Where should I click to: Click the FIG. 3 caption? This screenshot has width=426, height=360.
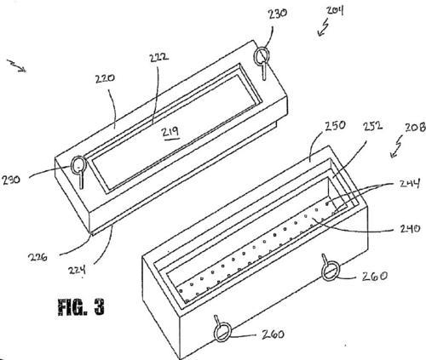click(x=81, y=307)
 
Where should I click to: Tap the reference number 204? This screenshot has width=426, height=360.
click(x=335, y=10)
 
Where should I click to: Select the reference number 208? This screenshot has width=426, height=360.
click(x=415, y=128)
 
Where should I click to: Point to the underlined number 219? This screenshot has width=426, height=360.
click(x=170, y=132)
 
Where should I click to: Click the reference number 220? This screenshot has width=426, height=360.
click(x=105, y=78)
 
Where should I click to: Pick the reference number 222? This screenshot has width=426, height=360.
click(x=159, y=57)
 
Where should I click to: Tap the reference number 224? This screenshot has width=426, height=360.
click(x=77, y=270)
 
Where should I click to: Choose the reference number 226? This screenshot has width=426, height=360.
click(x=37, y=257)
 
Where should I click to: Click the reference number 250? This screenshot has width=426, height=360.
click(x=336, y=126)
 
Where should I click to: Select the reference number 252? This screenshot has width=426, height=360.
click(x=372, y=126)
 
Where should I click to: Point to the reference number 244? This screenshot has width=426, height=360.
click(x=409, y=184)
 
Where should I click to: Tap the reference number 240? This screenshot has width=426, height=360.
click(x=410, y=229)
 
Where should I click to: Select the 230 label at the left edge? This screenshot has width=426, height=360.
click(x=11, y=180)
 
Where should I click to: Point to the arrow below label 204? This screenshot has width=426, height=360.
click(x=323, y=28)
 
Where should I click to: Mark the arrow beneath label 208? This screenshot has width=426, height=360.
click(x=396, y=146)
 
